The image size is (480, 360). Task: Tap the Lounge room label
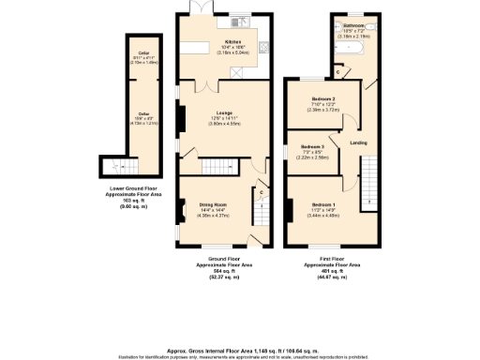coord(222,112)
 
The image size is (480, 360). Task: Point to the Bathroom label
coord(353,24)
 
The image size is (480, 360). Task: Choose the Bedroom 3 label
coord(313,147)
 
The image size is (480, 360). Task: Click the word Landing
coord(358,142)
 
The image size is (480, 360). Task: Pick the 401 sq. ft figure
coord(333,271)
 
